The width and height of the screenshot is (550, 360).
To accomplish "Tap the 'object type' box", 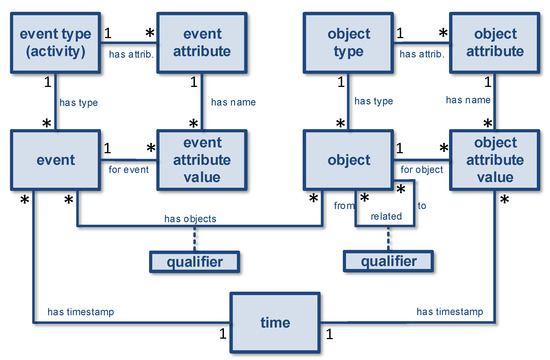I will (x=348, y=43).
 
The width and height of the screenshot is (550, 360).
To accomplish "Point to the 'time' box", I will (x=275, y=322).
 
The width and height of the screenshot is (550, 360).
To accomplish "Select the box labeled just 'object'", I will (x=349, y=159).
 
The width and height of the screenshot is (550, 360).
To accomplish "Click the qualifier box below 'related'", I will (x=390, y=261).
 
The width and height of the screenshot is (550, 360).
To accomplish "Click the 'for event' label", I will (x=127, y=169).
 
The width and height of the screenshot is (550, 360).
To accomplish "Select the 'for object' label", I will (x=421, y=169).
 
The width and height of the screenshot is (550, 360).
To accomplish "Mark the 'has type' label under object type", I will (x=372, y=101).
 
